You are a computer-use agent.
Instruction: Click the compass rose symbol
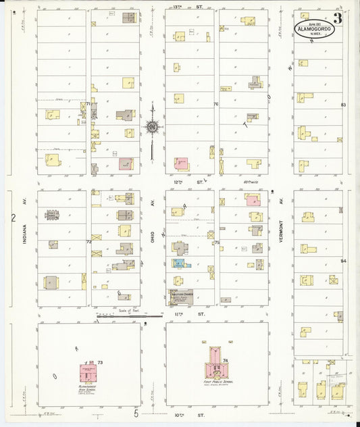click(153, 126)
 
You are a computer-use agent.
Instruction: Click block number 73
click(100, 363)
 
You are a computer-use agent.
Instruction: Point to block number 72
click(88, 241)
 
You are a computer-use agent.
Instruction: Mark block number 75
click(217, 242)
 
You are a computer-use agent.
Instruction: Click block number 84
click(343, 261)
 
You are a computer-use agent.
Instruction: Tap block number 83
click(343, 105)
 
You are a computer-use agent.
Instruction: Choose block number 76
click(216, 104)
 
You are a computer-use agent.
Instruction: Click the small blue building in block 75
click(178, 263)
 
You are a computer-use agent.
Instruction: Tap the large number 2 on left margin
click(13, 218)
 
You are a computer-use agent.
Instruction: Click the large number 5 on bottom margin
click(136, 413)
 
